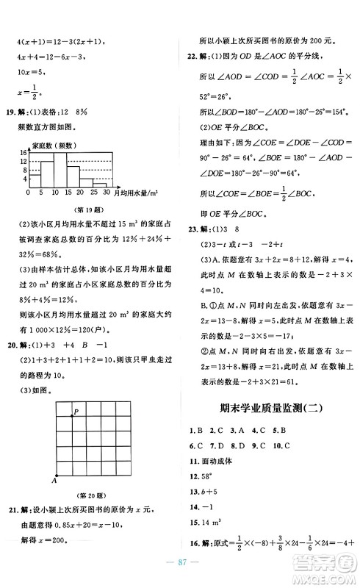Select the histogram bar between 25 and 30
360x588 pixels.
click(100, 185)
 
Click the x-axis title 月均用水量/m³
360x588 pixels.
click(137, 193)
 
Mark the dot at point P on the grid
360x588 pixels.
click(72, 417)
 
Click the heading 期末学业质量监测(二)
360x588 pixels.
click(267, 408)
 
